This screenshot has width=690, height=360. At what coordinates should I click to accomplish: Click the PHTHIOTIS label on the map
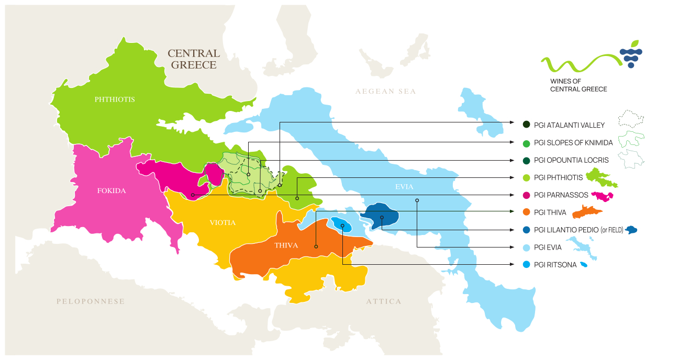[115, 99]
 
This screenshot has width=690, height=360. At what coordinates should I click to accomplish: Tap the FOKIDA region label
[112, 191]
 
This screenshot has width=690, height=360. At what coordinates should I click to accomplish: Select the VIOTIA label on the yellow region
[222, 223]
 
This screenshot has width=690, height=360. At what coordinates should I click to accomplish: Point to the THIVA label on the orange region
[286, 245]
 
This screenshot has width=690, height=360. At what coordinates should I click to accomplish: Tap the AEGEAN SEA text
[385, 92]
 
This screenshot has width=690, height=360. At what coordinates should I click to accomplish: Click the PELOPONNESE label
[91, 301]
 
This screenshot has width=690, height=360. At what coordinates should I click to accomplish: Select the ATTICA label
[384, 301]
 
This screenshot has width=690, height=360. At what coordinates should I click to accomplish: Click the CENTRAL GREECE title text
[194, 59]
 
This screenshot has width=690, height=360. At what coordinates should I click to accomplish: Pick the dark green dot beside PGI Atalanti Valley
[526, 125]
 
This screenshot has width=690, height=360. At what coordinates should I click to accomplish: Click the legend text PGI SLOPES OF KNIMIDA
[573, 143]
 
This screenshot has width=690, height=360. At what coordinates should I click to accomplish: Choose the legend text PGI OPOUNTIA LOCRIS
[571, 160]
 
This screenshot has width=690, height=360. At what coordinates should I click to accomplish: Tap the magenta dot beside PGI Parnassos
[526, 195]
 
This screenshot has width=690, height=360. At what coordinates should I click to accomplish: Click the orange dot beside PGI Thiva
[526, 212]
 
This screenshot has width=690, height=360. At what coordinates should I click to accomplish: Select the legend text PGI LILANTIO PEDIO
[565, 230]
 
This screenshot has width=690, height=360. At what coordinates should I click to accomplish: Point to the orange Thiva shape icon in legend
[587, 212]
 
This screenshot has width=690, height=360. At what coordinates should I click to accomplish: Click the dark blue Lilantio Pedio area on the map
[381, 215]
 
